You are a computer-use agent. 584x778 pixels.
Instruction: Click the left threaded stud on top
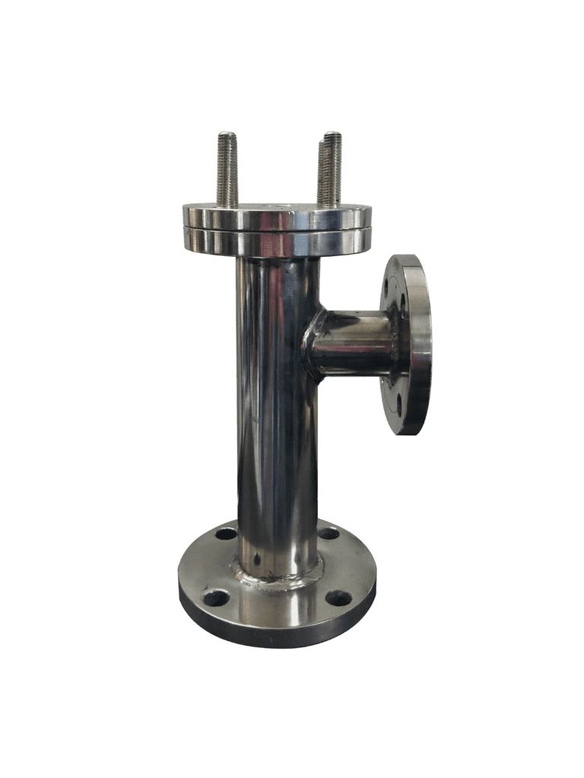pyautogui.click(x=227, y=171)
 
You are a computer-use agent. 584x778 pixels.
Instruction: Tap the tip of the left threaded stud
pyautogui.click(x=227, y=135)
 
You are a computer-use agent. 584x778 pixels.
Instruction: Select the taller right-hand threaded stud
pyautogui.click(x=330, y=171)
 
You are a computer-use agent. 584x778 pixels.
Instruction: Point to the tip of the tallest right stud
pyautogui.click(x=331, y=135)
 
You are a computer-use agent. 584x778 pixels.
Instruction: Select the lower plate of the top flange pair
pyautogui.click(x=277, y=242)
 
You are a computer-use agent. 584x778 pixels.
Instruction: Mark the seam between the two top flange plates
pyautogui.click(x=277, y=229)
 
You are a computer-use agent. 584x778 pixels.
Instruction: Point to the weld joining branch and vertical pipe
pyautogui.click(x=311, y=346)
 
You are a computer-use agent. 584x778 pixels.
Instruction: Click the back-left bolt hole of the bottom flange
pyautogui.click(x=227, y=533)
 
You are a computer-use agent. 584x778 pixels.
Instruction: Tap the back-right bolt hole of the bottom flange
pyautogui.click(x=328, y=533)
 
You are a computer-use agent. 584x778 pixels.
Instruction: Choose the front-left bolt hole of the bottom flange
pyautogui.click(x=217, y=598)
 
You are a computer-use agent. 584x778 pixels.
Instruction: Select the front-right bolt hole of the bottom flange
pyautogui.click(x=339, y=598)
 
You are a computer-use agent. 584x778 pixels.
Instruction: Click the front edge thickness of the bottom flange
pyautogui.click(x=277, y=637)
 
